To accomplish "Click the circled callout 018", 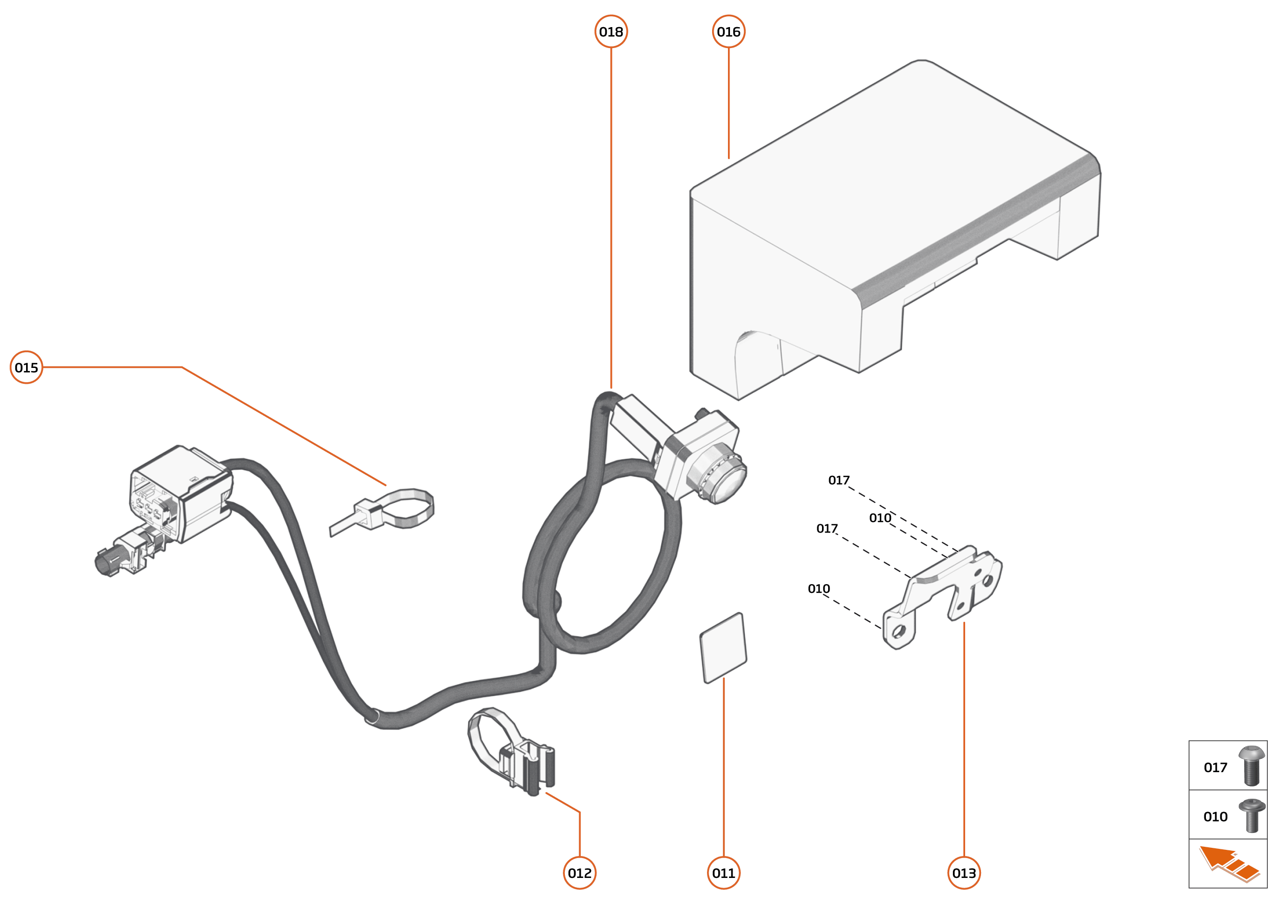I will click(x=611, y=32).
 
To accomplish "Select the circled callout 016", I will click(x=728, y=32).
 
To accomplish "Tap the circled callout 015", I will click(x=26, y=367).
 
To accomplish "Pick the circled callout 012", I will click(x=580, y=873).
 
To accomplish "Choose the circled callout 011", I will click(x=723, y=873).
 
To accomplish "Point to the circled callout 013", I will click(x=964, y=873).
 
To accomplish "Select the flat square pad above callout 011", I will click(x=723, y=648).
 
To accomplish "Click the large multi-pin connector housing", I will click(x=178, y=495).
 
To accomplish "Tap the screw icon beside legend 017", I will click(x=1251, y=766).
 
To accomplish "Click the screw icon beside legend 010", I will click(x=1251, y=816).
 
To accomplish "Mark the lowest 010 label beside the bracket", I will click(x=818, y=589).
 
